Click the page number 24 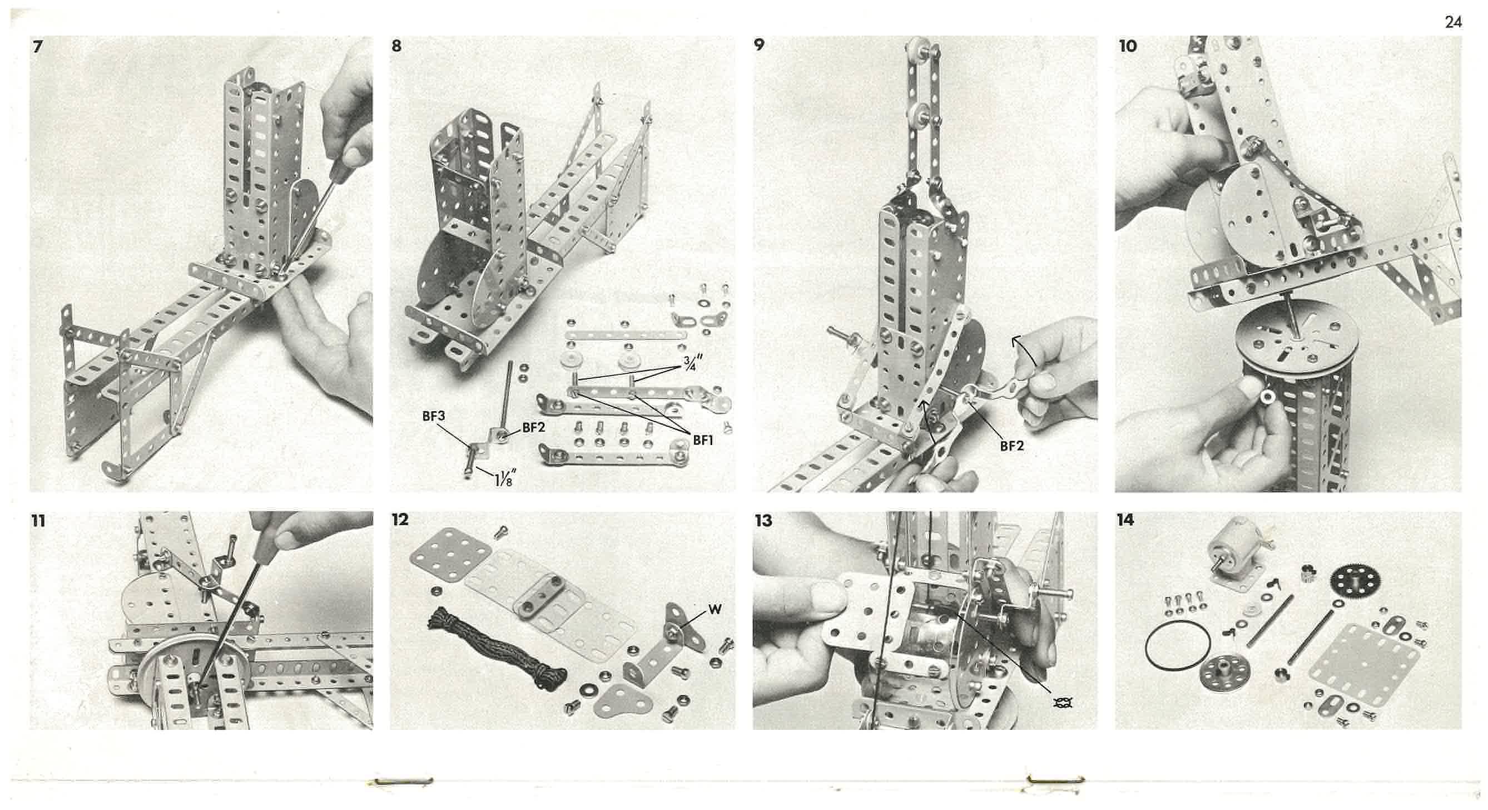[1454, 22]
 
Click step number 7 [38, 46]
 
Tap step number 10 [1128, 46]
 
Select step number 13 [763, 521]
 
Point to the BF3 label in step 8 [433, 416]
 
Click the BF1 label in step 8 [703, 440]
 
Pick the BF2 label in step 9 [1011, 446]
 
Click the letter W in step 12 [715, 610]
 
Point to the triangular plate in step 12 [622, 700]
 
